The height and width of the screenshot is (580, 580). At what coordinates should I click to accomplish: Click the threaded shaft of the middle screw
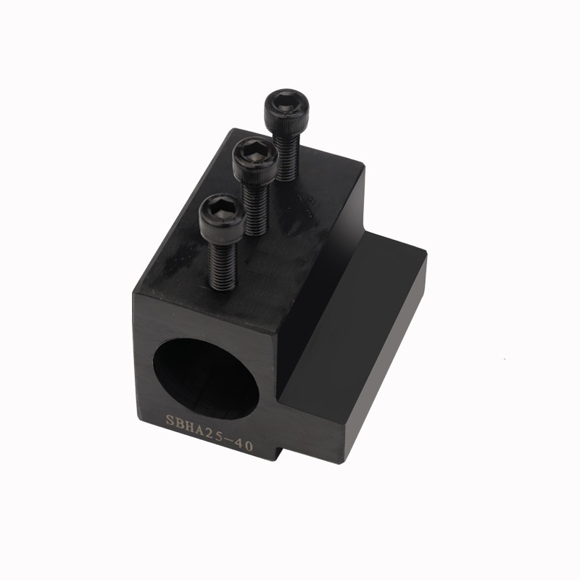[x=254, y=209]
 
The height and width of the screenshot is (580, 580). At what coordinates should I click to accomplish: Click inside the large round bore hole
[x=206, y=379]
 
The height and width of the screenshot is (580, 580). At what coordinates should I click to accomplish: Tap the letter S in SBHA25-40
[x=170, y=420]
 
